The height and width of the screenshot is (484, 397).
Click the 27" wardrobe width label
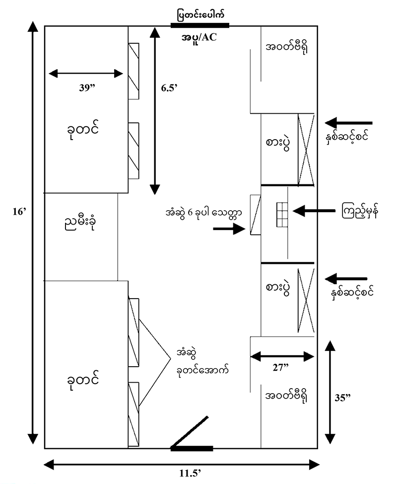click(x=281, y=368)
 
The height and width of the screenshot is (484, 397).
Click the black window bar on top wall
click(x=199, y=25)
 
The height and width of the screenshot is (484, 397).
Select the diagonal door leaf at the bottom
click(x=191, y=431)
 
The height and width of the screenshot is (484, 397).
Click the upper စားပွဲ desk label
click(x=277, y=144)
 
